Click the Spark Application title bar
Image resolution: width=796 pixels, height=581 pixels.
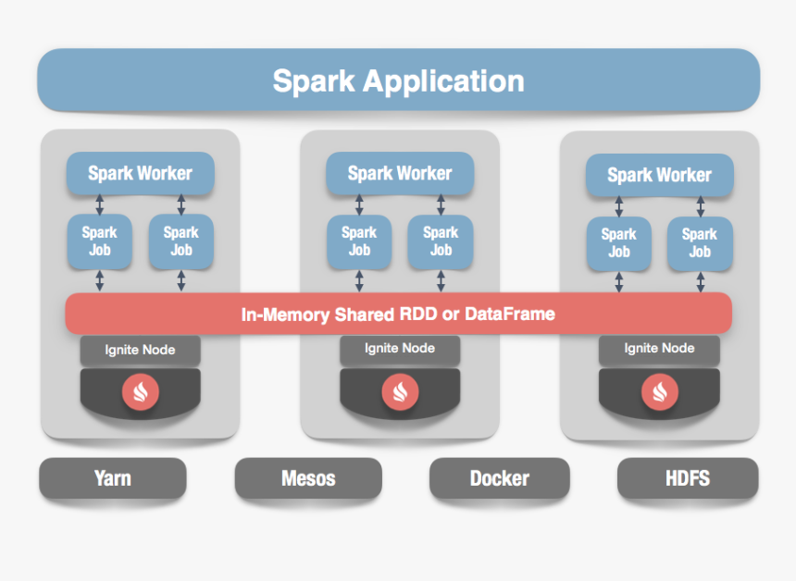(398, 80)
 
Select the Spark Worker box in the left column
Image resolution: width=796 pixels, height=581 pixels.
(140, 173)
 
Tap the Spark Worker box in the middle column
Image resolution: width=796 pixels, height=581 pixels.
(399, 173)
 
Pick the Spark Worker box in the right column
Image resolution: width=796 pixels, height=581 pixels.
(659, 175)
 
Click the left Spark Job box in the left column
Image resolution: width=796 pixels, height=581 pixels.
(100, 241)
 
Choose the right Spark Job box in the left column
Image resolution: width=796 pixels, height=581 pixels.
(181, 241)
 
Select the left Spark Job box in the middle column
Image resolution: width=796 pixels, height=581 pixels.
(359, 241)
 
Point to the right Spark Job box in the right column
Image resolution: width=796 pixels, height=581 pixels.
(700, 243)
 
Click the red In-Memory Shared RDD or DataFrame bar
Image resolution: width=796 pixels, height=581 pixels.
(398, 314)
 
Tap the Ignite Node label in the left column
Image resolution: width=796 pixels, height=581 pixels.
(140, 350)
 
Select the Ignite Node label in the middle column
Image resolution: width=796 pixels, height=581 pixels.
(399, 349)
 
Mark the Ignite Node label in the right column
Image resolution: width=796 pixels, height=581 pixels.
(659, 349)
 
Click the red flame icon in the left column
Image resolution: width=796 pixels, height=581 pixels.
(141, 391)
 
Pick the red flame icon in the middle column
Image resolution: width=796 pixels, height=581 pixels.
(400, 391)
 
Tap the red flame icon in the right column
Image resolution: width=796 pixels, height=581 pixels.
(659, 391)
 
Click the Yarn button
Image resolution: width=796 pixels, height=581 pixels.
(112, 478)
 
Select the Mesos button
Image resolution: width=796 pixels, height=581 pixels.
(308, 479)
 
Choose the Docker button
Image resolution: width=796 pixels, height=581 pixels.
(500, 479)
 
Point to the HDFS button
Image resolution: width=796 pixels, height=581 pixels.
(688, 478)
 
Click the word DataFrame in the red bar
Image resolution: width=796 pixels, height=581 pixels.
(511, 315)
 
